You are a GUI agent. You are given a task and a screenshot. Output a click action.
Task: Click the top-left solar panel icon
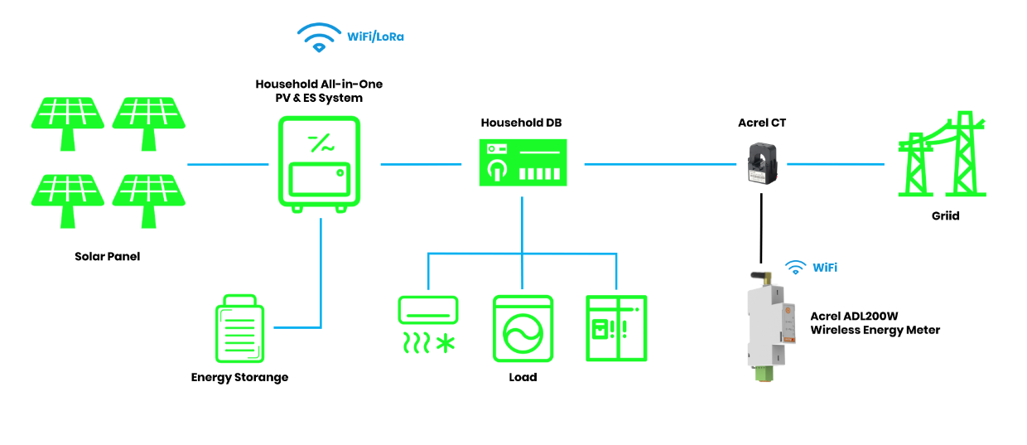[68, 119]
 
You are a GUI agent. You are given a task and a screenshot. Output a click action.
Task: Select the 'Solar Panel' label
[108, 256]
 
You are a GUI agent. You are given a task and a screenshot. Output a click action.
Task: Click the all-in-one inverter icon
[319, 163]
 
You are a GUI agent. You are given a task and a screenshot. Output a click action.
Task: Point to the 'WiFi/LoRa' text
[376, 37]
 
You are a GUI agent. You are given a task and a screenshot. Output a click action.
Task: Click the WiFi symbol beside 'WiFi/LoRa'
[319, 37]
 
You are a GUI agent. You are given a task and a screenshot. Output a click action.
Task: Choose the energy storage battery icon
[240, 328]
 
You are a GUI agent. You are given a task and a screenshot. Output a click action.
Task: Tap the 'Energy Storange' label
[239, 377]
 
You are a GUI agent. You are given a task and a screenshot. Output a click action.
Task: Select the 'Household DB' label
[522, 123]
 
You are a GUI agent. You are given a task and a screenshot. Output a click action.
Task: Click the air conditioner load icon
[427, 324]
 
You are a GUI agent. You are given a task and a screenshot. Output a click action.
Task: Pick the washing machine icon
[522, 327]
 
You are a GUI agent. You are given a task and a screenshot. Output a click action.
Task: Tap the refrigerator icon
[615, 327]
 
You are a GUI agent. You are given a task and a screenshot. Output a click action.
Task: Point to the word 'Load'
[523, 377]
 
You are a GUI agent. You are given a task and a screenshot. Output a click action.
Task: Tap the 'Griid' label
[944, 215]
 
